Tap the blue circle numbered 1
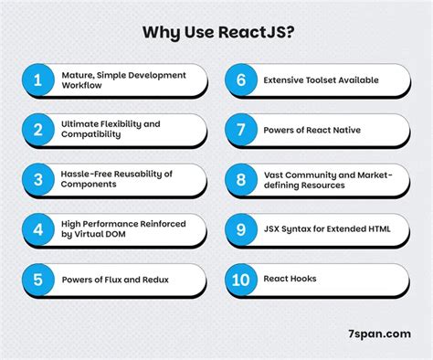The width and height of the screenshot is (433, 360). pos(37,80)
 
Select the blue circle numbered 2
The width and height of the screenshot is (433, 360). pos(37,130)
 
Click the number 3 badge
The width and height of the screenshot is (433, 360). pos(37,180)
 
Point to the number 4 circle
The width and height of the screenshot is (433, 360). pos(37,229)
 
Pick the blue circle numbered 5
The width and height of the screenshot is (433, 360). pos(37,280)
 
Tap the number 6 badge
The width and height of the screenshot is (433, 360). pos(240,80)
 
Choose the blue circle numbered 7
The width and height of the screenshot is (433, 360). pos(240,130)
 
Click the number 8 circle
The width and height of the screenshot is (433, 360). pos(240,180)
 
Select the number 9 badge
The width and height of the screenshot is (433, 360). pos(240,229)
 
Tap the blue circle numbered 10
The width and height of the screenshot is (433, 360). pos(240,280)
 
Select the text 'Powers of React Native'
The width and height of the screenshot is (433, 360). pos(312,130)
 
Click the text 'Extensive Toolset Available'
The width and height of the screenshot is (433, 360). pos(322,80)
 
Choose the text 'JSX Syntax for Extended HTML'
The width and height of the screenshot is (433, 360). pos(327,229)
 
